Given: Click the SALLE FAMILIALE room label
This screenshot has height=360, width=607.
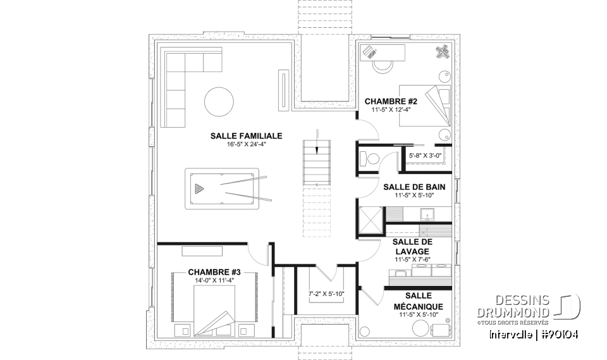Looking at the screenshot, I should coord(246,135).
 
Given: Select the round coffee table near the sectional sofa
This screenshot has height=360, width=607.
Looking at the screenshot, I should coord(218,100).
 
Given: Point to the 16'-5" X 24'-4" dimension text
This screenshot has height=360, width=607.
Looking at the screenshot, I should coord(246,144).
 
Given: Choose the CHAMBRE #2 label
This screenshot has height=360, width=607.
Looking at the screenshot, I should coord(391,101).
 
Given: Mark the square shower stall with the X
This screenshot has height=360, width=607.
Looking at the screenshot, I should coord(371,220).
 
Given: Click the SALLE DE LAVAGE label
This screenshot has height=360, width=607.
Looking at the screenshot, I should coord(412,247).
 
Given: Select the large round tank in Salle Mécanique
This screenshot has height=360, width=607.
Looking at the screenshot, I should coord(420,327).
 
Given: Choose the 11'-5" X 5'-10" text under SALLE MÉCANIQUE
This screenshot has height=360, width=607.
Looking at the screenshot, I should coord(420,314).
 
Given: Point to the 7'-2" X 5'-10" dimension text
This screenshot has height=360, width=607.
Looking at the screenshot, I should coord(326,294).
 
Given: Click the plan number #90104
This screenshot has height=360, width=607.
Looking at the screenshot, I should coord(556,334).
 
